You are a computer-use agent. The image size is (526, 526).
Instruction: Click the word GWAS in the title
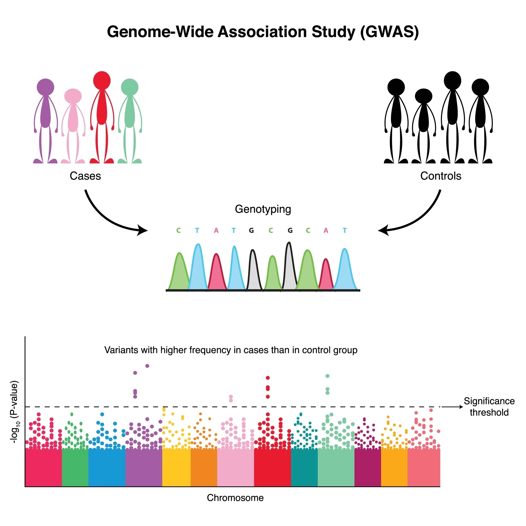click(389, 32)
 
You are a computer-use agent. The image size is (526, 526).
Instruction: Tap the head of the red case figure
click(102, 80)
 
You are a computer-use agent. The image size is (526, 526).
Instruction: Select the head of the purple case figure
click(45, 87)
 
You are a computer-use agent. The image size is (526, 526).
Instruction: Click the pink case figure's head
click(73, 96)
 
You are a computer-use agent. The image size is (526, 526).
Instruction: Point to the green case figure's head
click(130, 87)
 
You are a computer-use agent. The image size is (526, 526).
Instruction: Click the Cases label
click(85, 176)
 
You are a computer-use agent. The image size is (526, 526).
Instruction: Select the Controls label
click(441, 176)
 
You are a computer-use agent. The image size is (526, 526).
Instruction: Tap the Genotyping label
click(263, 209)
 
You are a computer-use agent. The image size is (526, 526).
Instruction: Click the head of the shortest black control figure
click(423, 96)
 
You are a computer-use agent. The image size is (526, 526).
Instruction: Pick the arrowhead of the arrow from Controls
click(382, 231)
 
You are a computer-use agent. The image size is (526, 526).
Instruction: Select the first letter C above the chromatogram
click(179, 231)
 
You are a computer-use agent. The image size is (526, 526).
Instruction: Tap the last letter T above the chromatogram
click(345, 231)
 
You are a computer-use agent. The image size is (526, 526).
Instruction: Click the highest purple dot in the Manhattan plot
click(147, 366)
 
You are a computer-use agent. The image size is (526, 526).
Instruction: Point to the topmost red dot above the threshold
click(268, 378)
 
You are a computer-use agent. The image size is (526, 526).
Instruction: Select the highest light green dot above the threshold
click(327, 376)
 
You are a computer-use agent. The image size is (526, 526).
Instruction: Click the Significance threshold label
click(489, 407)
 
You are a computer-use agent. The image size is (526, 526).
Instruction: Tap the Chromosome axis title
click(235, 498)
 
